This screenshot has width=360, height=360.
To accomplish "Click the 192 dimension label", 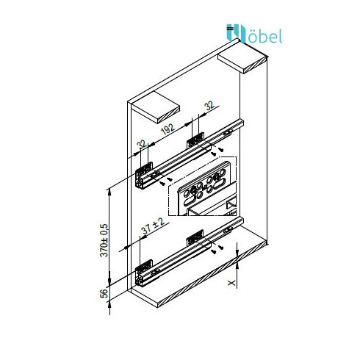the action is point(168,129).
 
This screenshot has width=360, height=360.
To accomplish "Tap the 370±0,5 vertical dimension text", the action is point(104,240).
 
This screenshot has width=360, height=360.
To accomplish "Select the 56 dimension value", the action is point(104,293).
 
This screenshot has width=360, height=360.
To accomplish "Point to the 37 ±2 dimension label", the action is point(153,226).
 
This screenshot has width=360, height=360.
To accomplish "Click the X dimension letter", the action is point(231,283).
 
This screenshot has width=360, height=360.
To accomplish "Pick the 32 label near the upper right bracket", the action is point(209,106).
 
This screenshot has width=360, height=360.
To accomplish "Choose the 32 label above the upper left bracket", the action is point(142,145).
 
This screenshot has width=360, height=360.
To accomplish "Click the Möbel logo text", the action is point(254,34).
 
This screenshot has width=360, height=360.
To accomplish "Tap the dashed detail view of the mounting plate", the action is point(202,186).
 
